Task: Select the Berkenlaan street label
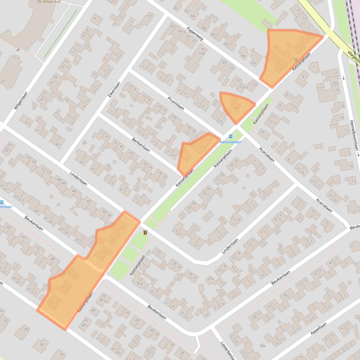pyautogui.click(x=140, y=144)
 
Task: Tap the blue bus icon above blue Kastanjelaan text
pyautogui.click(x=230, y=136)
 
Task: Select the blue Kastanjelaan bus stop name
pyautogui.click(x=230, y=142)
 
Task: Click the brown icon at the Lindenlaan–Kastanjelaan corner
pyautogui.click(x=145, y=232)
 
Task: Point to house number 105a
pyautogui.click(x=243, y=87)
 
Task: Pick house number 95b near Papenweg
pyautogui.click(x=202, y=54)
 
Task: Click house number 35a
pyautogui.click(x=139, y=283)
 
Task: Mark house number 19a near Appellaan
pyautogui.click(x=262, y=346)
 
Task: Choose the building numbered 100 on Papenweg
pyautogui.click(x=253, y=63)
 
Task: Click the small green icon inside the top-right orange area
pyautogui.click(x=296, y=60)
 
